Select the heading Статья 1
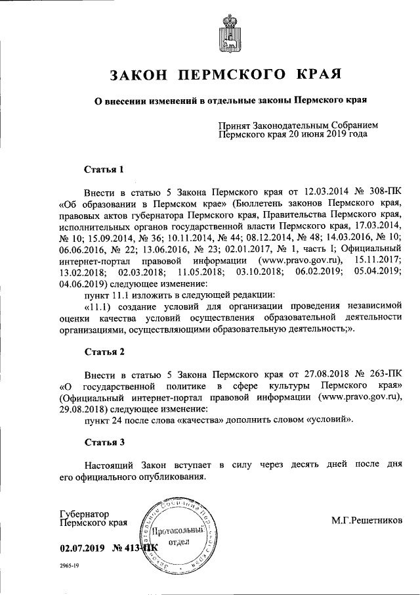point(104,170)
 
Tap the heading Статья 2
point(104,352)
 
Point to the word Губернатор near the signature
point(84,513)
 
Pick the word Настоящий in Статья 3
point(112,465)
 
